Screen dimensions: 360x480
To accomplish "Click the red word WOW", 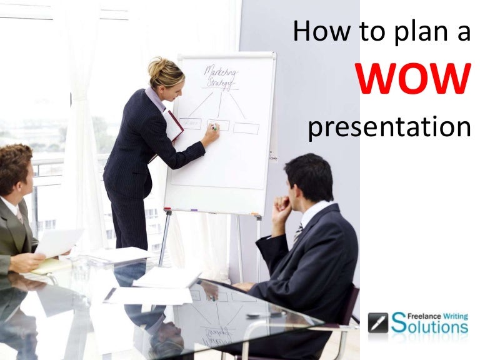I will point(413,80).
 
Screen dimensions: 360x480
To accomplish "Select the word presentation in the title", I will point(389,127).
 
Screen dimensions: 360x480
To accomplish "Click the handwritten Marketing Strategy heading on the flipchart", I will point(219,77).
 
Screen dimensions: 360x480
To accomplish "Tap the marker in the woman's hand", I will point(213,127).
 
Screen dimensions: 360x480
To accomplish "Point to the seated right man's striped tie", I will point(298,232).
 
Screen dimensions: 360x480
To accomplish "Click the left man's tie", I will point(20,216).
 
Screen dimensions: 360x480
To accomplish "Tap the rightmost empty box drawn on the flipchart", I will point(246,128).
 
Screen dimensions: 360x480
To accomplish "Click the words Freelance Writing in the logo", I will point(429,314).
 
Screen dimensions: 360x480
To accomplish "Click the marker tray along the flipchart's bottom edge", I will point(212,211).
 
